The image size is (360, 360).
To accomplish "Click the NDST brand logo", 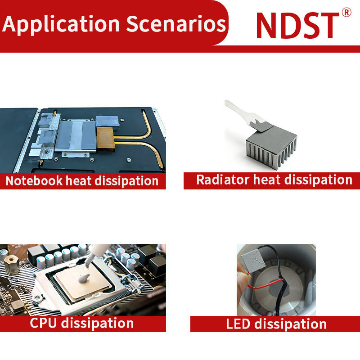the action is click(297, 25).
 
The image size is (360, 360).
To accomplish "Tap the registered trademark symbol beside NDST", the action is click(346, 12).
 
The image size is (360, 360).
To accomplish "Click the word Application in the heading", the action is click(61, 24).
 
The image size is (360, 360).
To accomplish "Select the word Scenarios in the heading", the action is click(176, 24).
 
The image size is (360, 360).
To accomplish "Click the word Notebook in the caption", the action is click(34, 180).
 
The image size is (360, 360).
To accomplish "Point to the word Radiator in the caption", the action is click(223, 180).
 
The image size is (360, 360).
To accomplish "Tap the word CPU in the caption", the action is click(43, 323).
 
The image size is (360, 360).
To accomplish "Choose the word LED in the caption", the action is click(238, 324).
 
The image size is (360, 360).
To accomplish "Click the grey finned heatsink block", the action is click(271, 147).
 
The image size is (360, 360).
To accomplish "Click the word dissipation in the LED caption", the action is click(290, 324).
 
